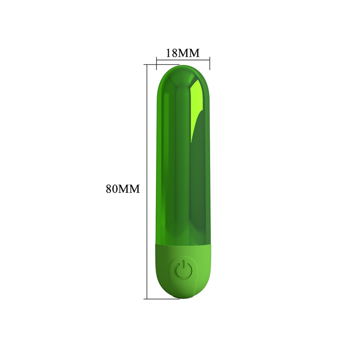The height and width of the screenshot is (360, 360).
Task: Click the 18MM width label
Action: pyautogui.click(x=183, y=53)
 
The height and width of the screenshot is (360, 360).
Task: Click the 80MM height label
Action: pyautogui.click(x=123, y=189)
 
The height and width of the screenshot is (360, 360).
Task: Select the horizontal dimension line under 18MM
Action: pyautogui.click(x=183, y=60)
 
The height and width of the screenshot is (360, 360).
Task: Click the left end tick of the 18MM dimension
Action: pyautogui.click(x=157, y=63)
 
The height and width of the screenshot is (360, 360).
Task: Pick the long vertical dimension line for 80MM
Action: pyautogui.click(x=147, y=181)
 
